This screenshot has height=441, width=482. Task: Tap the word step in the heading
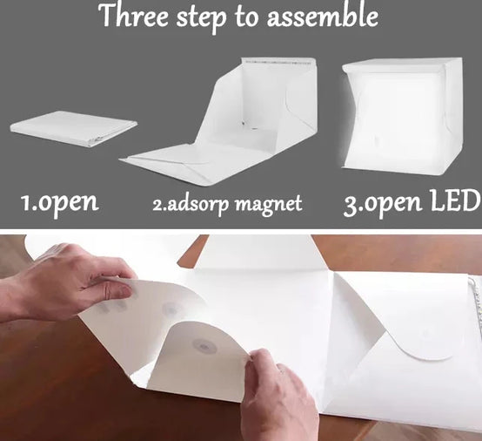(x=201, y=19)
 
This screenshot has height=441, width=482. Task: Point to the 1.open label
(x=60, y=203)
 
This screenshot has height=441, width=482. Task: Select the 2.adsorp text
(x=191, y=204)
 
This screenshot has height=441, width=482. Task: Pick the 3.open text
(x=382, y=204)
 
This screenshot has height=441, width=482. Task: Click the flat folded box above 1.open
(x=74, y=129)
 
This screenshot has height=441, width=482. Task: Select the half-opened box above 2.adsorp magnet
(x=219, y=122)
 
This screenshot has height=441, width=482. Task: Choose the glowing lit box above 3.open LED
(x=401, y=117)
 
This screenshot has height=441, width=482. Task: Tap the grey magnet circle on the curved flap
(x=204, y=346)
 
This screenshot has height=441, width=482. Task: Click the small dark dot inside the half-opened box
(x=244, y=124)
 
